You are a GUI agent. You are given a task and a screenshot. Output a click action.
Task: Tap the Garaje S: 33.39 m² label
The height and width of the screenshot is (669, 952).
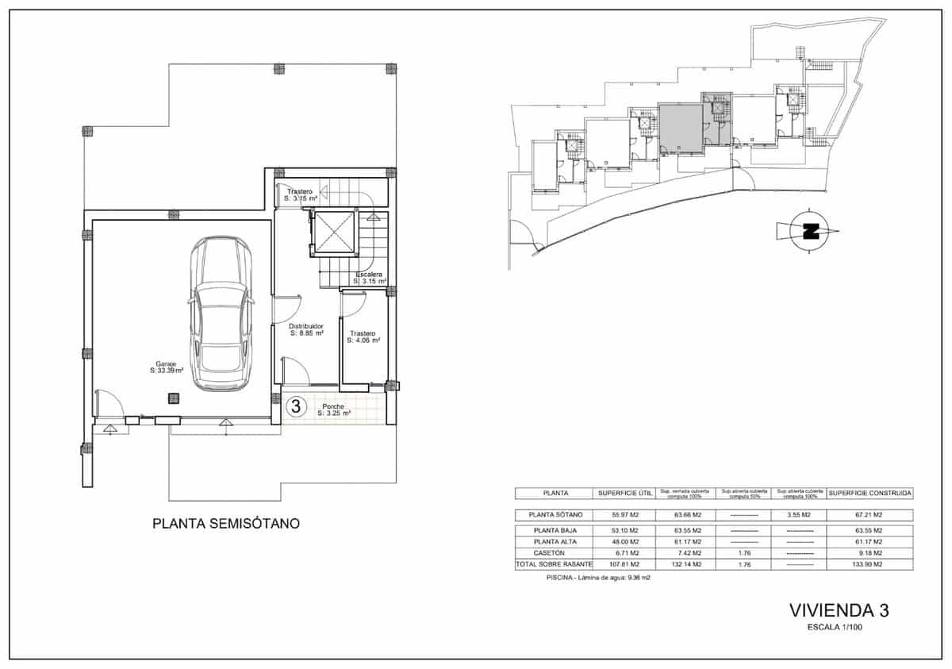coord(166,367)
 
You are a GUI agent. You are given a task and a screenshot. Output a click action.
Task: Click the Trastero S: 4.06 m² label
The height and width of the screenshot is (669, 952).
coord(363,337)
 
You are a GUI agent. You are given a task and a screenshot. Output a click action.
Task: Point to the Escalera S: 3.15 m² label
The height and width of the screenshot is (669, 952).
coord(370,279)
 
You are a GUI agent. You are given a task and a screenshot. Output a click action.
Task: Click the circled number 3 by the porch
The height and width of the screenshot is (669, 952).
coord(296,407)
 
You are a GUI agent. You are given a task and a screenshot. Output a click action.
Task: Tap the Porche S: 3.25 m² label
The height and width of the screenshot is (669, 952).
coord(334,410)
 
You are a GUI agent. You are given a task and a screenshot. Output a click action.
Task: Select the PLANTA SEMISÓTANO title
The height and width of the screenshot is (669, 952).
coord(226,524)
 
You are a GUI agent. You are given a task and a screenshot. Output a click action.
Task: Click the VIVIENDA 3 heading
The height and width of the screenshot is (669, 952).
coord(839,610)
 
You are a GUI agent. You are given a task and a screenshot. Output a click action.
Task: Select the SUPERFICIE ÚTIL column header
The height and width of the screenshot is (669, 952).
coord(624,494)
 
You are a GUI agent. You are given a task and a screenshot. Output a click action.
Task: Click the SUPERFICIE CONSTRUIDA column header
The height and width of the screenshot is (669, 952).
coord(869,494)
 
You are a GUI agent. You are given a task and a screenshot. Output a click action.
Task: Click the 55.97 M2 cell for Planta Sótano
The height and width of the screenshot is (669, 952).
coord(624,515)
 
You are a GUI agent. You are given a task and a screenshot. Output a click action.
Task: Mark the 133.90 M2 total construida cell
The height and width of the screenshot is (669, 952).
coord(869,564)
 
